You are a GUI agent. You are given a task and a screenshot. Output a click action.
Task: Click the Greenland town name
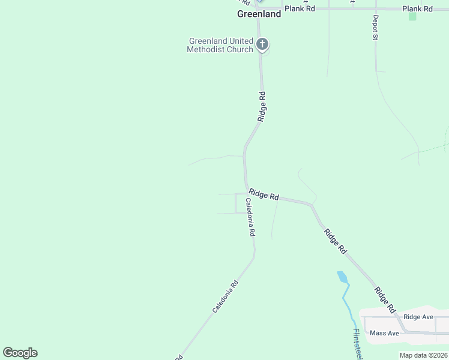point(259,14)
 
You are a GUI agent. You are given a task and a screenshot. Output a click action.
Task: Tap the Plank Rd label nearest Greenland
point(300,8)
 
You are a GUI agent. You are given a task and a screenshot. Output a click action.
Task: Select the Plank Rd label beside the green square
point(417,8)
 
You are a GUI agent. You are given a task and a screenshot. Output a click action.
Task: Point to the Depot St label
point(375,28)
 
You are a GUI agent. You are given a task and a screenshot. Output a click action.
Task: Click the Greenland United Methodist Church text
point(220,45)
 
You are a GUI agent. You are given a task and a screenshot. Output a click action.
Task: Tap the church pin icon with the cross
point(262,44)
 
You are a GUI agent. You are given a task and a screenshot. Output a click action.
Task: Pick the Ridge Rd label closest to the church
point(261,107)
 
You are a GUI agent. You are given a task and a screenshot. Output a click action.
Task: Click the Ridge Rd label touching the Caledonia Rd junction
point(264,195)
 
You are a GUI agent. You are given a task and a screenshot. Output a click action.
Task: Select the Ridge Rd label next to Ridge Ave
point(385,299)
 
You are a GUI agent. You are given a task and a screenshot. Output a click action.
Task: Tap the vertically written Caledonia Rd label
point(250,218)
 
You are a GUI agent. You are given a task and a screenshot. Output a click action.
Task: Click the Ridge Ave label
point(418,317)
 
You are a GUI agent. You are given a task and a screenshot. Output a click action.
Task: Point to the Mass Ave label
point(385,333)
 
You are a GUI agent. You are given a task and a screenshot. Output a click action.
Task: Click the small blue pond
point(343,277)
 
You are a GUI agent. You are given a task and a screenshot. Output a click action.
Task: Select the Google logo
point(20,353)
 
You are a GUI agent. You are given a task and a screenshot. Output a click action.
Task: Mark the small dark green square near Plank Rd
point(412,17)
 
